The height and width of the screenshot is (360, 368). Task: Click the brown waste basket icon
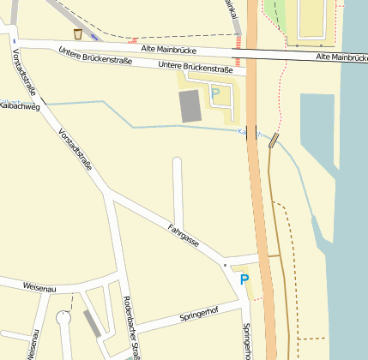click(79, 34)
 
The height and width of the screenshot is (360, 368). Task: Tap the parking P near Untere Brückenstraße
click(214, 93)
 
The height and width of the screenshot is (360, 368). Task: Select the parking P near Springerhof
click(244, 279)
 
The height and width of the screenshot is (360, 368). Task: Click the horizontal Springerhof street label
click(199, 316)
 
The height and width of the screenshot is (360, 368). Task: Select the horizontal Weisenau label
click(39, 288)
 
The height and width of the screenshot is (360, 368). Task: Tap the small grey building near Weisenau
click(92, 325)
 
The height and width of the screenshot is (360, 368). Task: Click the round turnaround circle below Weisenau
click(63, 318)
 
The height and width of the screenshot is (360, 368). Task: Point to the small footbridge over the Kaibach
click(274, 141)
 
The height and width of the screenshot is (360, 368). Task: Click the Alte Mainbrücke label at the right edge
click(341, 57)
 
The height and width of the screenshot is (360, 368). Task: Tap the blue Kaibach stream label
click(249, 133)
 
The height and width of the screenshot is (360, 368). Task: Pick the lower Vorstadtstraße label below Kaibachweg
click(75, 151)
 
